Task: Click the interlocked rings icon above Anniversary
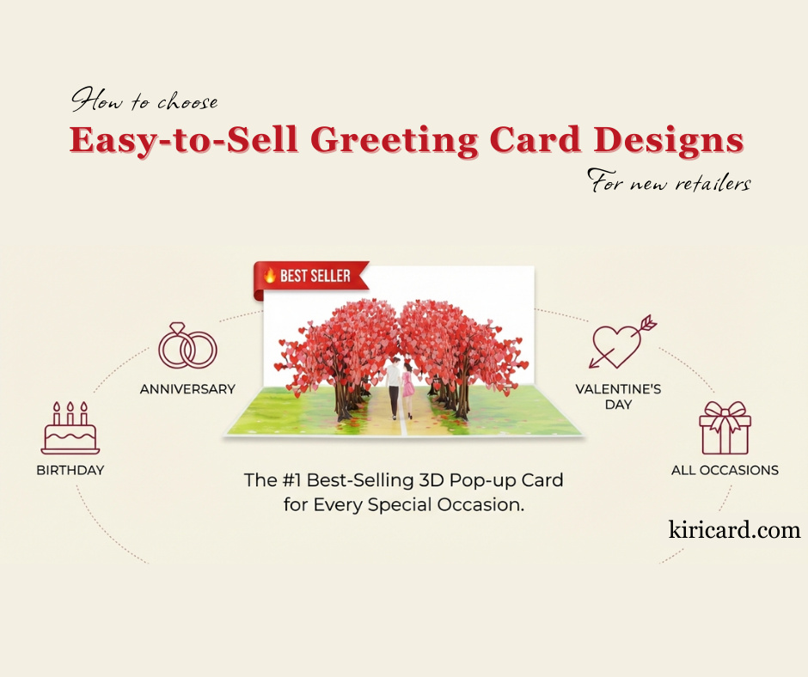point(187,345)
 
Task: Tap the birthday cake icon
point(70,428)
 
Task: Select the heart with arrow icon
point(622,342)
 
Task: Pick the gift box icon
point(725,428)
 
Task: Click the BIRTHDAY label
point(70,470)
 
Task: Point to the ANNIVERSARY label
point(187,389)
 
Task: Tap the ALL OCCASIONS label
point(725,470)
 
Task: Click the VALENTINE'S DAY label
point(618,397)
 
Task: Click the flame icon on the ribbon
point(270,275)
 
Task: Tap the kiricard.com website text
point(734,529)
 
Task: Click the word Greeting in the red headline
point(395,140)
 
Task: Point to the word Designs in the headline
point(669,140)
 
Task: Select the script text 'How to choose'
point(144,100)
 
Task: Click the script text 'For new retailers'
point(670,180)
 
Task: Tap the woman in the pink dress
point(407,389)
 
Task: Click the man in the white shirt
point(393,387)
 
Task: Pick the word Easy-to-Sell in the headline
point(184,140)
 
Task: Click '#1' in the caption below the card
point(291,480)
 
